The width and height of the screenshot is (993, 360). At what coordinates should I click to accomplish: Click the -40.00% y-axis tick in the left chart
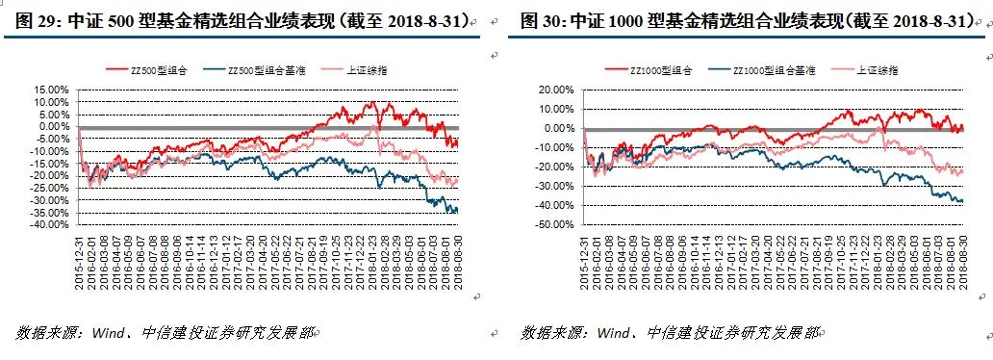(x=50, y=225)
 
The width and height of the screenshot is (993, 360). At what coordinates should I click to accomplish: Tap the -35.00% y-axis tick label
(x=50, y=213)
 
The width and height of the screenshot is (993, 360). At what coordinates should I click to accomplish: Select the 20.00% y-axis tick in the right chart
(x=556, y=90)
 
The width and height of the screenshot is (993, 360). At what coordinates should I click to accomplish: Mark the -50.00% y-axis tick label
(x=554, y=225)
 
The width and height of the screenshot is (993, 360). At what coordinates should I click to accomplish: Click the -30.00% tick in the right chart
(x=554, y=187)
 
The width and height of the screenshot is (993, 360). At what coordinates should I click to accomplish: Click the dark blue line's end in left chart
(x=457, y=210)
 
